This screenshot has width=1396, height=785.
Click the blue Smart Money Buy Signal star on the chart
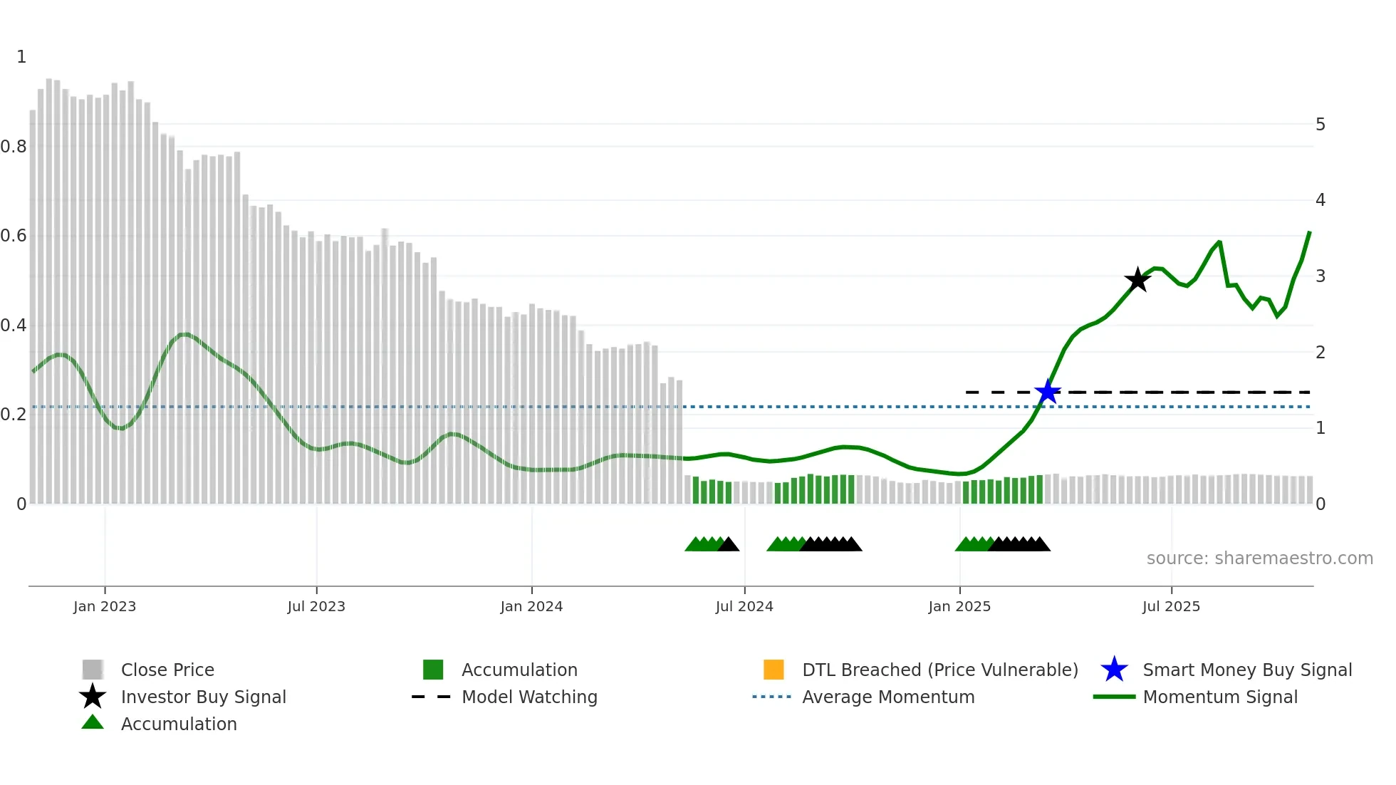pos(1048,392)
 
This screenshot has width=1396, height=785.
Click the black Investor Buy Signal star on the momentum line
pos(1137,280)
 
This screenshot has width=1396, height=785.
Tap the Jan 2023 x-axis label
pos(105,606)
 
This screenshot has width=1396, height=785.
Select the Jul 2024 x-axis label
pos(744,606)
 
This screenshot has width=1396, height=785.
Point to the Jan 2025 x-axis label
pos(959,606)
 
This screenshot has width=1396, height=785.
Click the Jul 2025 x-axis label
pos(1171,606)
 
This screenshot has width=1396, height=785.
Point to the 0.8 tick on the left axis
pos(14,147)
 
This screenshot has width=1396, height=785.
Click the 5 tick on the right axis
pos(1321,125)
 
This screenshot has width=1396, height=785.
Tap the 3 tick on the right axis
pos(1321,276)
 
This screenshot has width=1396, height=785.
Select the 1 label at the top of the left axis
pos(21,57)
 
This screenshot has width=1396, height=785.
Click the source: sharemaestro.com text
pos(1259,558)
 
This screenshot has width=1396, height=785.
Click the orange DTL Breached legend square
pos(773,670)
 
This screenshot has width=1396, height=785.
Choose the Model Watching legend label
pos(529,697)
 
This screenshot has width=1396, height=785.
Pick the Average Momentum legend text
pos(888,697)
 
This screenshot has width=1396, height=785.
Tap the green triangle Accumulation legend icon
pos(93,722)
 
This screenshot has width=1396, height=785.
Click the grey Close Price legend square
pos(93,670)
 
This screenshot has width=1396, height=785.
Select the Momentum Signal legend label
pos(1220,697)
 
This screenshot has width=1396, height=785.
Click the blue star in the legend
pos(1114,670)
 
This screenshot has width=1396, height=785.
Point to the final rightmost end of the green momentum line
pos(1309,232)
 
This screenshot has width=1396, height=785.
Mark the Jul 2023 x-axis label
pos(316,606)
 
